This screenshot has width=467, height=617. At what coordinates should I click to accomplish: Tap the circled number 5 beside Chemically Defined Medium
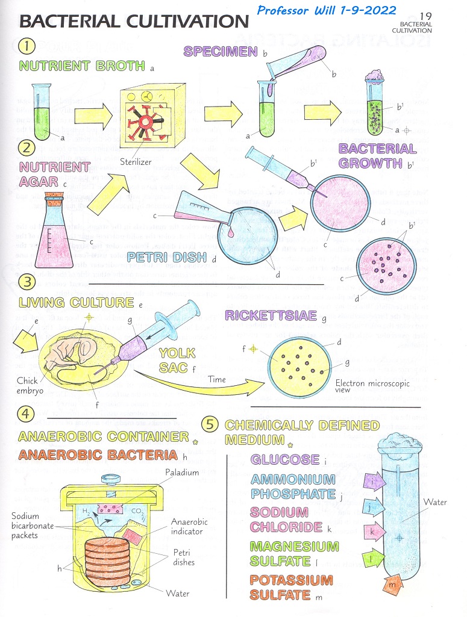pos(209,424)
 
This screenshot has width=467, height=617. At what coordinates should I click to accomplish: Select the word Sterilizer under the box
pos(139,161)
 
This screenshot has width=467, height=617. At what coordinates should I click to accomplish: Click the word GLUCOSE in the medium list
pos(285,460)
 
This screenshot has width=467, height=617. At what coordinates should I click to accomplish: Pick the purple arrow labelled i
pos(375,480)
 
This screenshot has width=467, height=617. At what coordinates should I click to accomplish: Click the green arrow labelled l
pos(374,557)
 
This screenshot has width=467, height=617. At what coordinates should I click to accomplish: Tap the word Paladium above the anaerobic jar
pos(182,473)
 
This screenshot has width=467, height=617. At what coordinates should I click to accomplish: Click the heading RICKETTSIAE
pos(271,315)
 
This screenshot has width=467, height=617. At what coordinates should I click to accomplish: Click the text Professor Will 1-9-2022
pos(327,10)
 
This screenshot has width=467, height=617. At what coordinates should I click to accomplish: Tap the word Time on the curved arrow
pos(217,380)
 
